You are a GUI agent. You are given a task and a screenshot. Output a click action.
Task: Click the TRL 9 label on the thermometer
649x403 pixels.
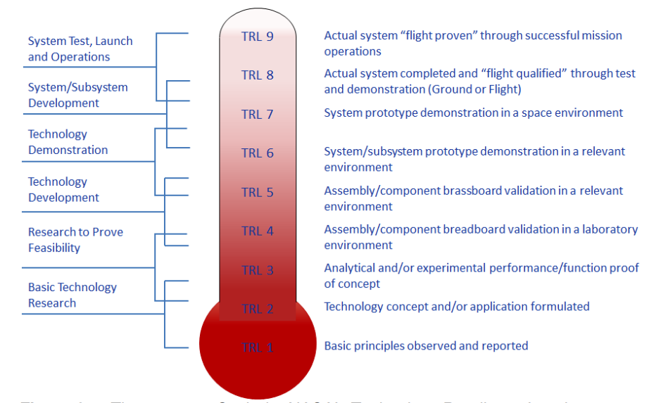pos(257,37)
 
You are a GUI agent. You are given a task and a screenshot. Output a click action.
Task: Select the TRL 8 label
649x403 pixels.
pos(257,75)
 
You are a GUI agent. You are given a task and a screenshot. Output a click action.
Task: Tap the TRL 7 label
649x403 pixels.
pos(257,114)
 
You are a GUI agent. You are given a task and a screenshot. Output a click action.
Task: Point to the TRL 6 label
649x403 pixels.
pos(257,153)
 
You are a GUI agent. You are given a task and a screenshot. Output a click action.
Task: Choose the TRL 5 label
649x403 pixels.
pos(257,192)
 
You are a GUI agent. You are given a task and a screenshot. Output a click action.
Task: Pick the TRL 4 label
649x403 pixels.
pos(257,231)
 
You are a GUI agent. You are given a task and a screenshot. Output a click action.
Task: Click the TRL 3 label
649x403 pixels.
pos(257,270)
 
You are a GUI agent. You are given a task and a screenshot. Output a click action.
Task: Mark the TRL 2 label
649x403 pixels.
pos(257,309)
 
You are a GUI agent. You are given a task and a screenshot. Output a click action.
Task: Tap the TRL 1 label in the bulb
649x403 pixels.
pos(257,347)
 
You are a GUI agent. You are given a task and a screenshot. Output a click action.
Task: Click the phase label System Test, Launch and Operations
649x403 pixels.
pos(80,49)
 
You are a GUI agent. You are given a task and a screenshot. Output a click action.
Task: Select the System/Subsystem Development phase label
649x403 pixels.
pos(77,95)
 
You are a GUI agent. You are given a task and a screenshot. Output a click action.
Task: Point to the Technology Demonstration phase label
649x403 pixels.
pos(68,142)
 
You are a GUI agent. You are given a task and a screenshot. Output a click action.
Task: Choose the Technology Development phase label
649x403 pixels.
pos(63,189)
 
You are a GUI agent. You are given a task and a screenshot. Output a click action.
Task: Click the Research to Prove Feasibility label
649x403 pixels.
pos(75,240)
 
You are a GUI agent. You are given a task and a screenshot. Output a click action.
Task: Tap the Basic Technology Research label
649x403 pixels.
pos(72,295)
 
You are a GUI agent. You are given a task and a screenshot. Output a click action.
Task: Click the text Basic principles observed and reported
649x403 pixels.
pos(426,345)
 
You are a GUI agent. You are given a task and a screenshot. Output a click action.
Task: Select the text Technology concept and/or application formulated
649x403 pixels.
pos(456,306)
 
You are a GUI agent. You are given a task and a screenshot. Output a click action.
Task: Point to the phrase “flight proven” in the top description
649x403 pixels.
pos(438,35)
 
